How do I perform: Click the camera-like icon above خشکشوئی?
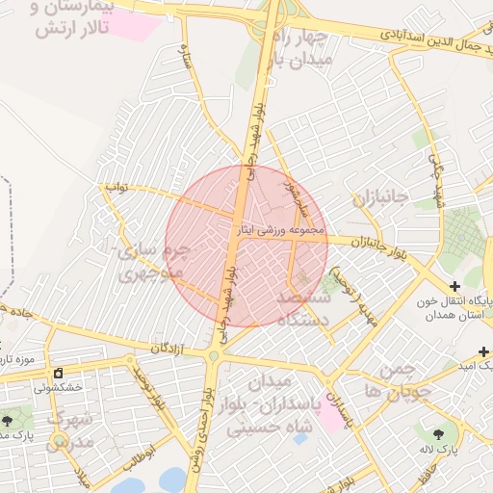point(58,373)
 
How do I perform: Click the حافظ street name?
point(423,476)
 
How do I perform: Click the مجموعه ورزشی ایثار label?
point(281,230)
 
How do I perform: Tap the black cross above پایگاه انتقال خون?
point(454,287)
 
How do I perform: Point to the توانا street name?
point(116,183)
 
